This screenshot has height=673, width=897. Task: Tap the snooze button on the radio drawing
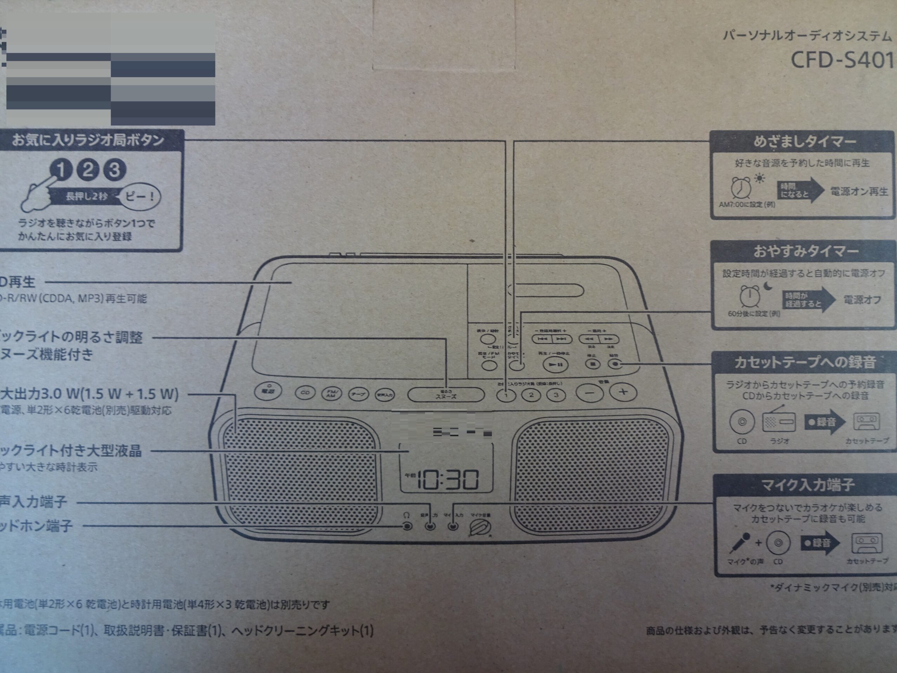446,394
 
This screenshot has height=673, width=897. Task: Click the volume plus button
624,392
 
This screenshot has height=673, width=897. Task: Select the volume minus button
590,393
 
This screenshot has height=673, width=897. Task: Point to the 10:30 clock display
448,480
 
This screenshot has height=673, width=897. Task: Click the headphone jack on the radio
407,526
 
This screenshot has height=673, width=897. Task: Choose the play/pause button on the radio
556,364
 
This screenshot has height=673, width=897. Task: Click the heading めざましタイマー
804,142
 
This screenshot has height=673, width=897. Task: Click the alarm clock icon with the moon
750,297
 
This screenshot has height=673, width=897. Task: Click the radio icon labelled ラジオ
779,422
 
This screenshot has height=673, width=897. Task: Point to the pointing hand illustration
39,195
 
